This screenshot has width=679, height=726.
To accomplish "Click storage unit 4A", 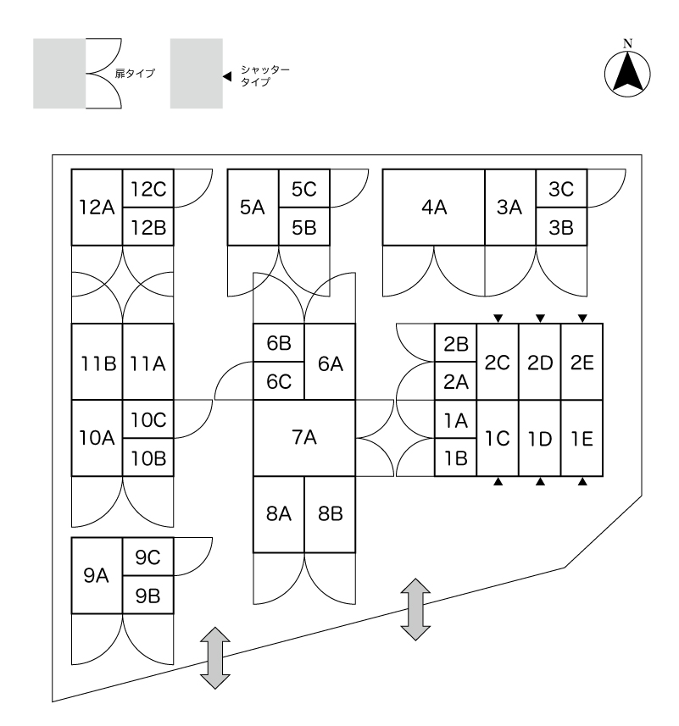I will [433, 208].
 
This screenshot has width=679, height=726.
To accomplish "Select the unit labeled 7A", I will [304, 438].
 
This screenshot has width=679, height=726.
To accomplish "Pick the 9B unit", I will [148, 596].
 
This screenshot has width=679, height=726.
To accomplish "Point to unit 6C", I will [279, 381].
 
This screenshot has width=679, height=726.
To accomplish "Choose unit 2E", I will [582, 363].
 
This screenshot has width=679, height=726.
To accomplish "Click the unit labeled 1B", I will [455, 457].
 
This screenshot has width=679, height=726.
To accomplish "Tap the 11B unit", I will [97, 363].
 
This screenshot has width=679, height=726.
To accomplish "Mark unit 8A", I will [279, 514].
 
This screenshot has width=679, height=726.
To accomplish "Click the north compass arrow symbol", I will [627, 74].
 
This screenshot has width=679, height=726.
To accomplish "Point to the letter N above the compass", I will [627, 43].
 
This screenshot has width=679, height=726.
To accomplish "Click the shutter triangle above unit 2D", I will [540, 319].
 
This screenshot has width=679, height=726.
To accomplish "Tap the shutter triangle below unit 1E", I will [582, 482].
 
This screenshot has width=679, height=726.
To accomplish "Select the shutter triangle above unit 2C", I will [498, 319].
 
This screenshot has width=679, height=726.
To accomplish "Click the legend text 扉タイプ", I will [135, 74].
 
